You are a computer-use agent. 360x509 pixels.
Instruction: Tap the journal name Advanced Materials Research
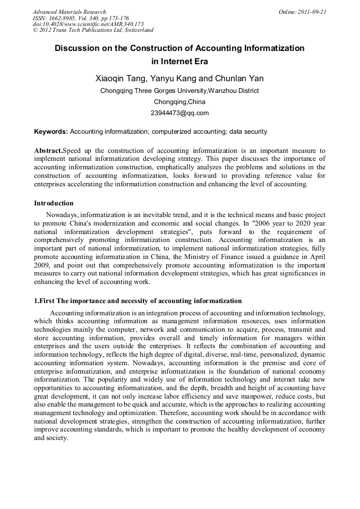[69, 12]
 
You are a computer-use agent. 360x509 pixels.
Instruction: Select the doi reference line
[88, 24]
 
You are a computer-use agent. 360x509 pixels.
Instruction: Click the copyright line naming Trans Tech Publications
[93, 31]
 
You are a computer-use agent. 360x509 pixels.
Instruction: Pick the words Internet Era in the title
[180, 61]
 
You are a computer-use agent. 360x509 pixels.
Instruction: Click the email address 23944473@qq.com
[180, 113]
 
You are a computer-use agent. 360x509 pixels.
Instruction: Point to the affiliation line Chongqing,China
[180, 102]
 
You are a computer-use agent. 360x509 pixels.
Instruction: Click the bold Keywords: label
[51, 132]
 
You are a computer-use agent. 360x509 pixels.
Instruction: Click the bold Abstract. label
[48, 151]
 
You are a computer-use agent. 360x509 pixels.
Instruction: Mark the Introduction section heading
[54, 203]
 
